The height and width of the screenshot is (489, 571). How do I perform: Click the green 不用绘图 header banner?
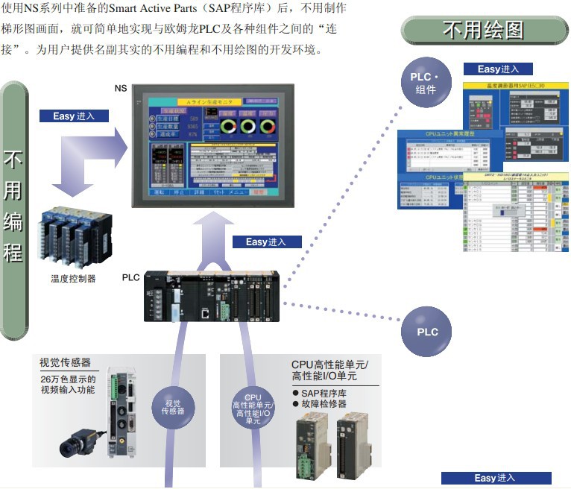pyautogui.click(x=483, y=30)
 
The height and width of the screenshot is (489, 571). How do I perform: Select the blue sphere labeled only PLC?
pyautogui.click(x=427, y=332)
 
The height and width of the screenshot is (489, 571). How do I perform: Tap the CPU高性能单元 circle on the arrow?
pyautogui.click(x=253, y=408)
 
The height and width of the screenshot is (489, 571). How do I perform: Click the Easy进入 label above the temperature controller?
pyautogui.click(x=73, y=116)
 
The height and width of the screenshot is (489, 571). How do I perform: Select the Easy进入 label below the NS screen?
pyautogui.click(x=266, y=242)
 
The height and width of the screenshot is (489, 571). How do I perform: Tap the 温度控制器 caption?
pyautogui.click(x=73, y=280)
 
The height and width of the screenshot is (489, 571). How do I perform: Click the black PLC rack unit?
pyautogui.click(x=211, y=296)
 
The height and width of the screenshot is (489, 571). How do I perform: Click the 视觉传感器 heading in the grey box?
pyautogui.click(x=65, y=362)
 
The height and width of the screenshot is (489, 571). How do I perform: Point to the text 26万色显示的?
pyautogui.click(x=68, y=379)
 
